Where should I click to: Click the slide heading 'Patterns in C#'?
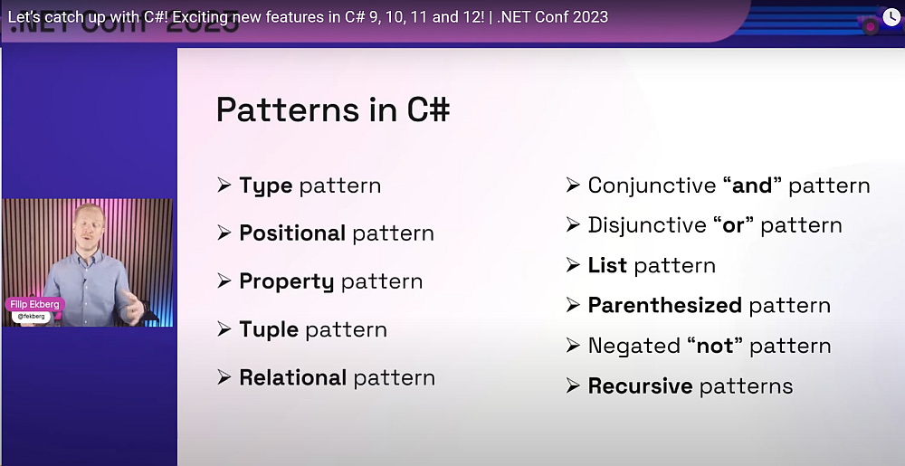pos(332,109)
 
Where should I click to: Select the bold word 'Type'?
pos(266,185)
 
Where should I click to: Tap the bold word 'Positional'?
pos(292,233)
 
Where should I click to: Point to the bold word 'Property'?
pos(287,281)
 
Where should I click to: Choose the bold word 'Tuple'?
pos(269,329)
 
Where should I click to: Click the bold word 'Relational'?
pos(292,377)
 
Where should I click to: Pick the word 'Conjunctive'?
pos(652,185)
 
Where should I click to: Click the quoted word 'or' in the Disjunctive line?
pos(733,225)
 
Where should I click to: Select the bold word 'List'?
pos(607,265)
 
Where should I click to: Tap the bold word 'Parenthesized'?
pos(665,305)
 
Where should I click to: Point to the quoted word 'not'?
pos(710,346)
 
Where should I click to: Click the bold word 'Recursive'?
pos(640,385)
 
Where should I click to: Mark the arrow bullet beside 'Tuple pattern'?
pos(224,329)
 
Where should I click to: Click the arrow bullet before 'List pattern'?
pos(573,265)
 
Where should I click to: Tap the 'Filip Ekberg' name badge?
pos(34,304)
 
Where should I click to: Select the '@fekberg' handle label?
pos(33,317)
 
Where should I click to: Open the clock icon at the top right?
pos(891,17)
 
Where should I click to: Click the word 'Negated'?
pos(633,346)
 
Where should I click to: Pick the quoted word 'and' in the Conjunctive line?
pos(752,185)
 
